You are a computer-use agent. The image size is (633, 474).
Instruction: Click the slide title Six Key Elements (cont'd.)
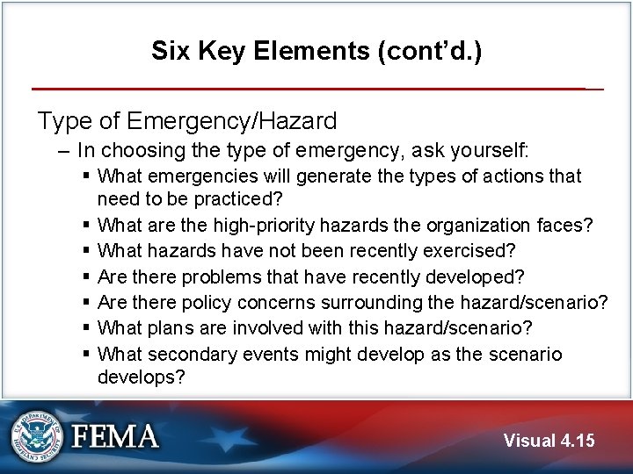(x=316, y=51)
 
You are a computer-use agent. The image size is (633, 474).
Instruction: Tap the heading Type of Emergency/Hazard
(x=186, y=120)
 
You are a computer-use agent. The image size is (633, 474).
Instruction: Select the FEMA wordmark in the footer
(x=115, y=436)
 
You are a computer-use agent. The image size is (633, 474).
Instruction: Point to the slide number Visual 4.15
(x=549, y=440)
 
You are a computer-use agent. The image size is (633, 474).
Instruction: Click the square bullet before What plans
(x=86, y=328)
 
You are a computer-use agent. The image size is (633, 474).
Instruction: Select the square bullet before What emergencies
(x=86, y=176)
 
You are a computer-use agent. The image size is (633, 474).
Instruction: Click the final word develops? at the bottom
(x=141, y=378)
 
